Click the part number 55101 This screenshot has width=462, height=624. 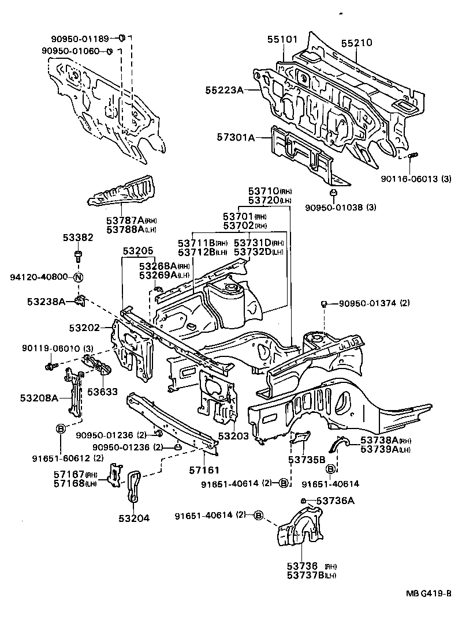coord(282,40)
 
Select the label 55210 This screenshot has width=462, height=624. coord(356,43)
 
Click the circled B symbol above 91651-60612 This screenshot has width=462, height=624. coord(60,428)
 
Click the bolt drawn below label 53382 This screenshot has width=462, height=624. coord(79,255)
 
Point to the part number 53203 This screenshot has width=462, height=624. coord(233,438)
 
